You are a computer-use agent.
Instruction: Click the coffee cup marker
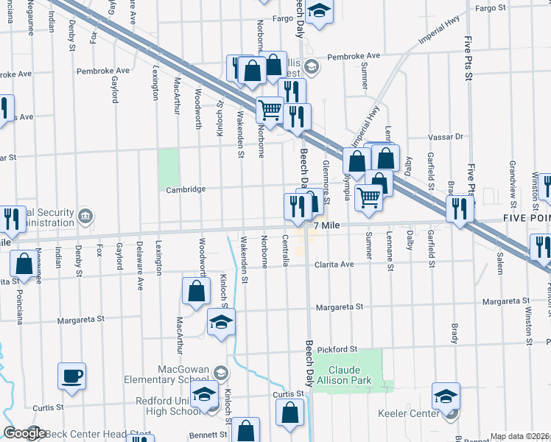72,376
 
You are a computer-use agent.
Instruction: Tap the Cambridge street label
186,189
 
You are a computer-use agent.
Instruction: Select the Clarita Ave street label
335,264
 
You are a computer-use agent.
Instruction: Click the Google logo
24,433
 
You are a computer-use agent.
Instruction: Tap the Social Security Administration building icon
86,216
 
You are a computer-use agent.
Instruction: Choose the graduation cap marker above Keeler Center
446,397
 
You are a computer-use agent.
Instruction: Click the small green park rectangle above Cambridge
169,169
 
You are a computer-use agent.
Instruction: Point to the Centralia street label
284,251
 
